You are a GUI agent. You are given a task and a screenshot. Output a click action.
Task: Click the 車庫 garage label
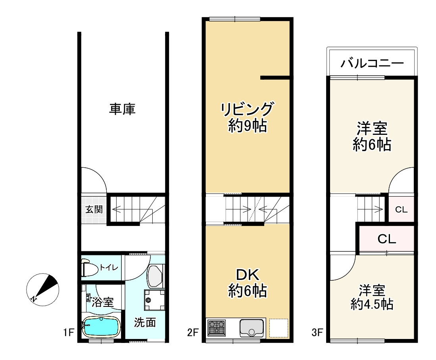point(122,109)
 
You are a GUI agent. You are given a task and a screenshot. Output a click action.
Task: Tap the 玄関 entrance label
point(94,209)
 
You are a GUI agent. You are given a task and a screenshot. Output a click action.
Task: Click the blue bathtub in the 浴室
point(101,327)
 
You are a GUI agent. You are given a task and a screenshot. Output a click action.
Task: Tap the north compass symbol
point(42,289)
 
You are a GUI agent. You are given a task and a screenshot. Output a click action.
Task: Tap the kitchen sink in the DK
point(252,327)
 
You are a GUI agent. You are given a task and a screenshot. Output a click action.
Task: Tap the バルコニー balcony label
point(372,63)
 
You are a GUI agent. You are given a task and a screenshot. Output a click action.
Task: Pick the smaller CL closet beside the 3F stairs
point(401,209)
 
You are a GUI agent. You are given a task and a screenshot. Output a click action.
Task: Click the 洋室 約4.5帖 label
point(372,297)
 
